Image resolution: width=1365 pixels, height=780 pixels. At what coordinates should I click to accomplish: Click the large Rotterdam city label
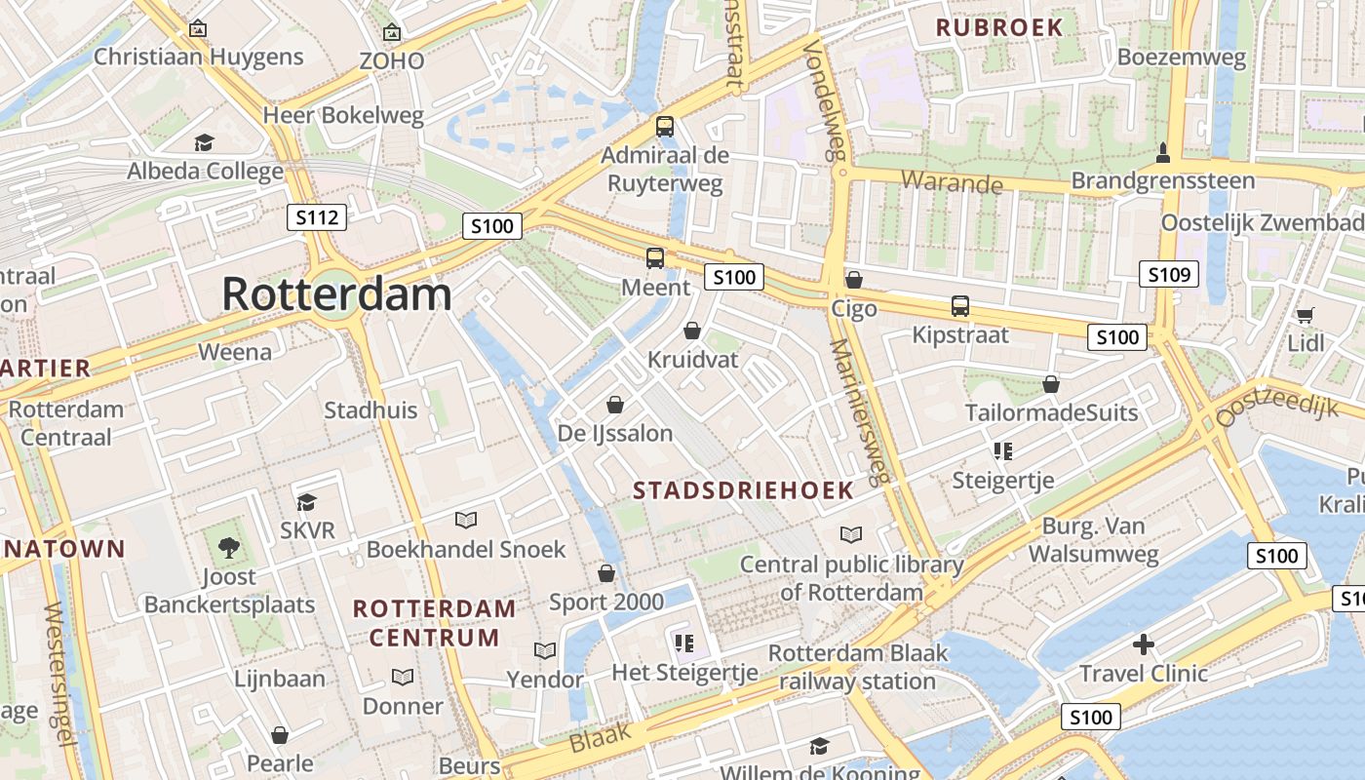[337, 293]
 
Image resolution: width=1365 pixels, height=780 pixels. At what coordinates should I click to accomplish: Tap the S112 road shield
[318, 217]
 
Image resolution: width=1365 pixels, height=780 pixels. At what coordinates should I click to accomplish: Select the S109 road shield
[1168, 274]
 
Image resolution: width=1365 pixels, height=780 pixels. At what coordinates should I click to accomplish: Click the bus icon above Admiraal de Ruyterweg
[665, 126]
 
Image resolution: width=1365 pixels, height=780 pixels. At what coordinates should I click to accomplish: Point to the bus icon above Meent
[655, 258]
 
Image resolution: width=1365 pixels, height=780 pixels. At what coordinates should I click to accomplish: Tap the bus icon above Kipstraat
[960, 305]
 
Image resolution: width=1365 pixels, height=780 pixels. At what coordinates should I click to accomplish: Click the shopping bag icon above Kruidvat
[692, 331]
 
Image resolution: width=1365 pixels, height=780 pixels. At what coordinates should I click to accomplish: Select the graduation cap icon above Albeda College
[204, 142]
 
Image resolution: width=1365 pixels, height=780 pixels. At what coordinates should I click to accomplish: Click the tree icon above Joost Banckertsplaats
[229, 547]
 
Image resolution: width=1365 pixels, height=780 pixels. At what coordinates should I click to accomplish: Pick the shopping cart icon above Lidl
[1305, 314]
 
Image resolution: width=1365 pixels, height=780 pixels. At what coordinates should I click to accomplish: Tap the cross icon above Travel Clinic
[1144, 643]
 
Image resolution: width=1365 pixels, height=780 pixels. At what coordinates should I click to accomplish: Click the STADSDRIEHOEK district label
[743, 490]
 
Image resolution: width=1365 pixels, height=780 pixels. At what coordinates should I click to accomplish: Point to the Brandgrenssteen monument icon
[1162, 153]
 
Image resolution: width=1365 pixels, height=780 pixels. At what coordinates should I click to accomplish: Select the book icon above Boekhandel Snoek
[466, 521]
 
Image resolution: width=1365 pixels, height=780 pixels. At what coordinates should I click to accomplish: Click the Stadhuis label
[370, 409]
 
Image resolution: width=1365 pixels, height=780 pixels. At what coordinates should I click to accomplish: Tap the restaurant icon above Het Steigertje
[683, 643]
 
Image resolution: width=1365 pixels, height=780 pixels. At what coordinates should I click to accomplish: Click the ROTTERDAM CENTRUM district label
[435, 623]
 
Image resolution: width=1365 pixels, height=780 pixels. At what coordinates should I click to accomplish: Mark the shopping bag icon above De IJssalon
[615, 404]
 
